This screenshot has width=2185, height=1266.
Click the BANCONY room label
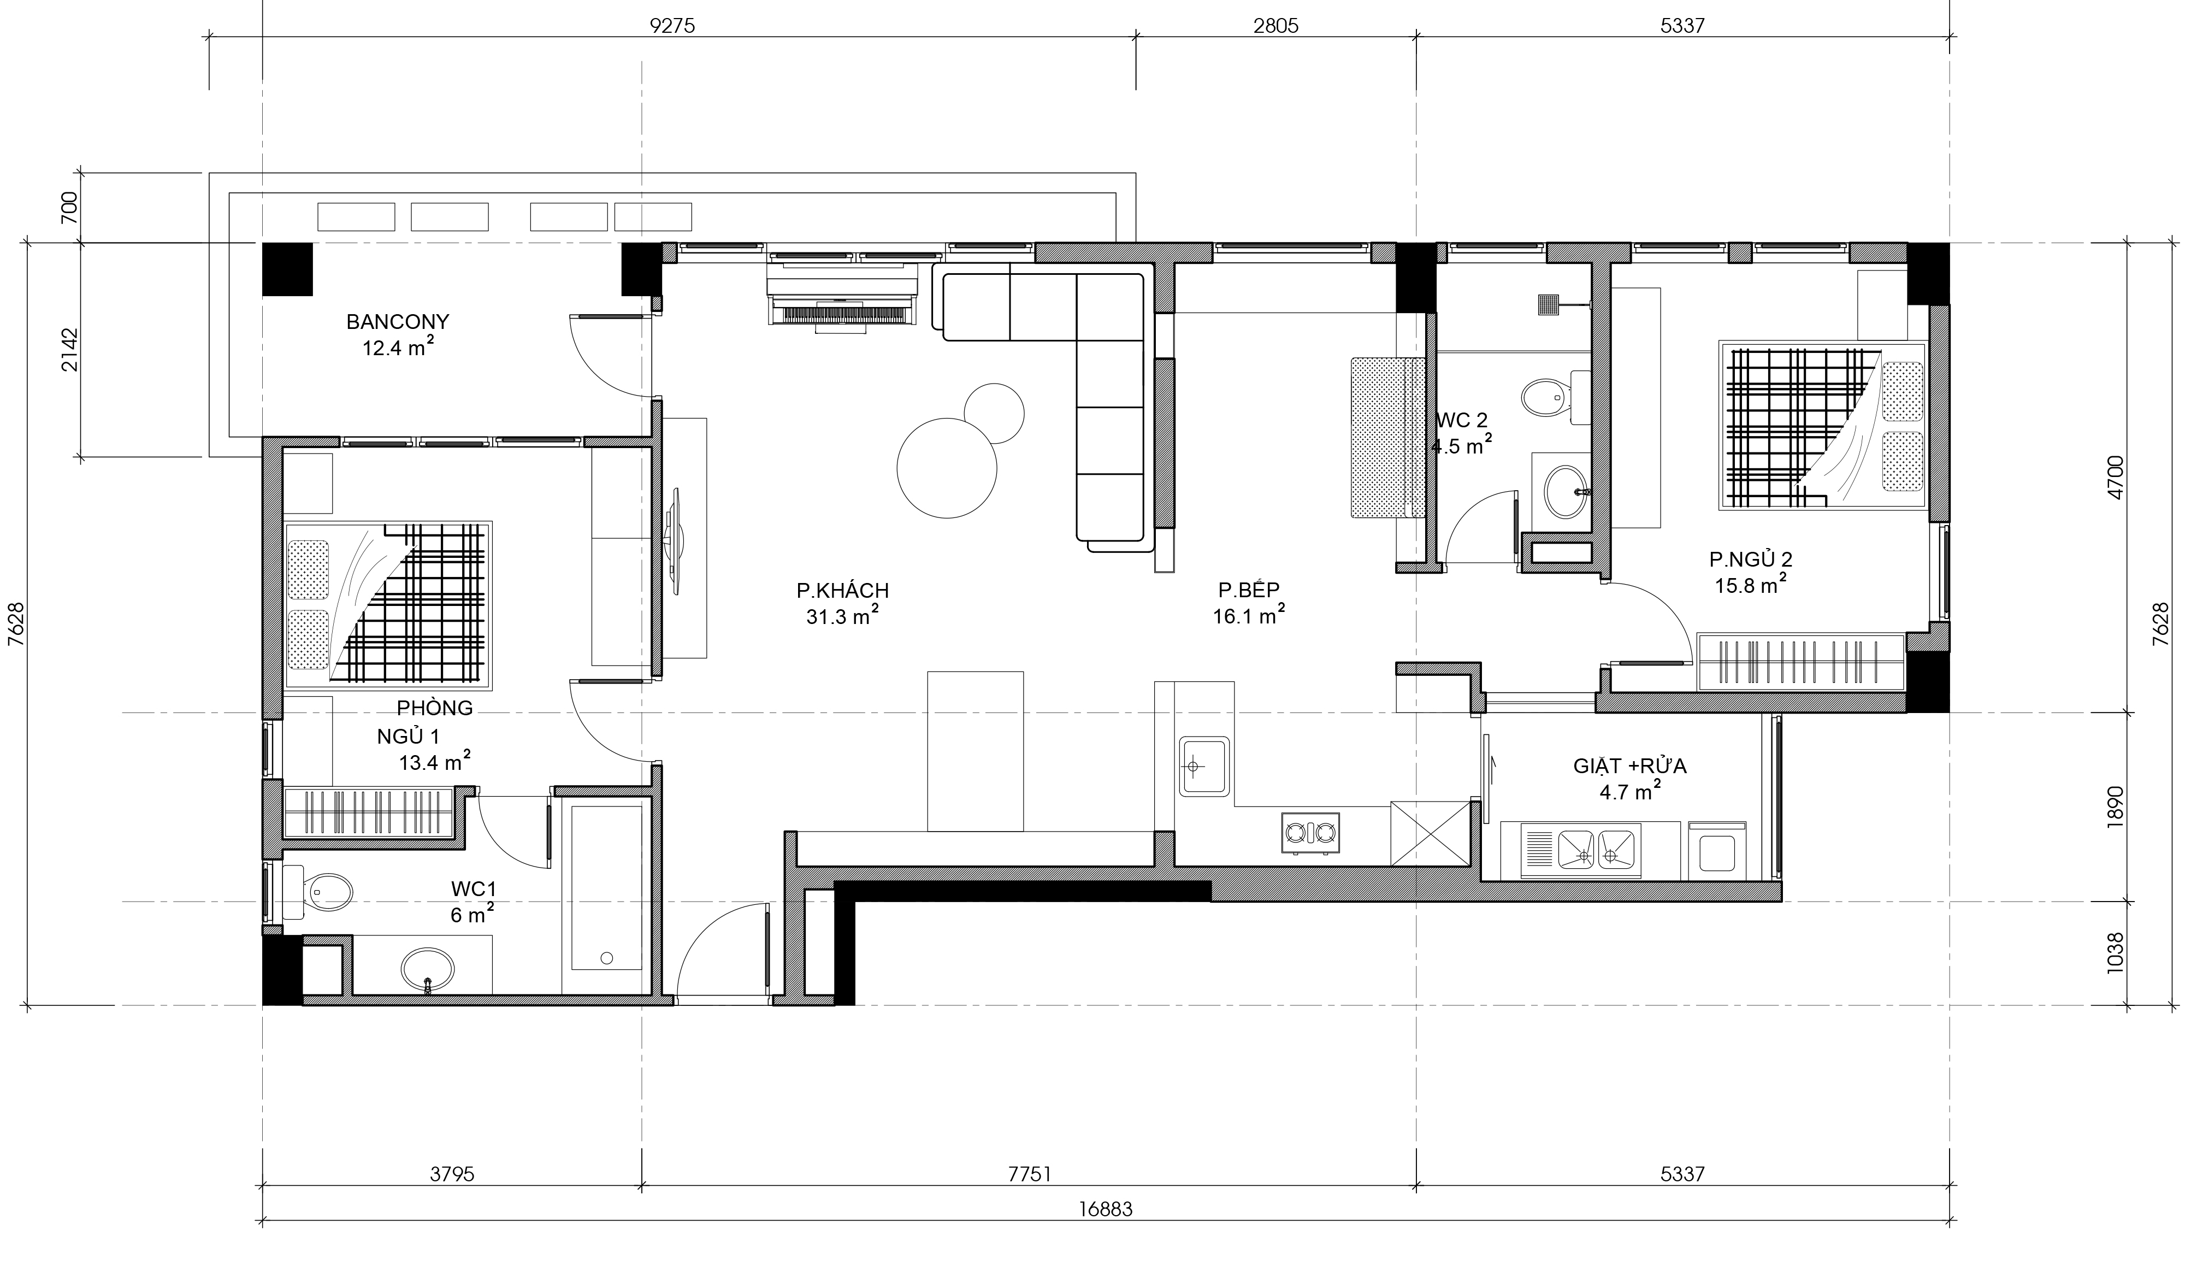pyautogui.click(x=398, y=322)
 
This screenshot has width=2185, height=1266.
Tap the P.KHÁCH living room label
pyautogui.click(x=843, y=591)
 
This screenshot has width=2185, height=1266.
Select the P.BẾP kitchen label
pyautogui.click(x=1249, y=591)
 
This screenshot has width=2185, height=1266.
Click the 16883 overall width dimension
pyautogui.click(x=1106, y=1209)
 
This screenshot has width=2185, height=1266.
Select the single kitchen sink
pyautogui.click(x=1203, y=766)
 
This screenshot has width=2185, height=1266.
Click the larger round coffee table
pyautogui.click(x=946, y=468)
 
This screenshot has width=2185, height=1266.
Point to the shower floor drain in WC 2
pyautogui.click(x=1548, y=304)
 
